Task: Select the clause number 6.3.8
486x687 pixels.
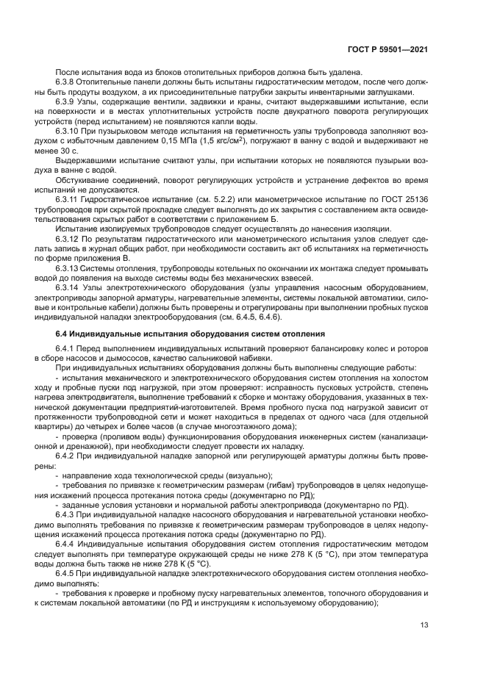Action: click(67, 82)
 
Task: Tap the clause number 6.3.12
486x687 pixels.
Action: click(69, 240)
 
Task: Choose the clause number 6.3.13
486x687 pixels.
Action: click(69, 268)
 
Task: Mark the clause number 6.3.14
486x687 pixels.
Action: click(69, 287)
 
